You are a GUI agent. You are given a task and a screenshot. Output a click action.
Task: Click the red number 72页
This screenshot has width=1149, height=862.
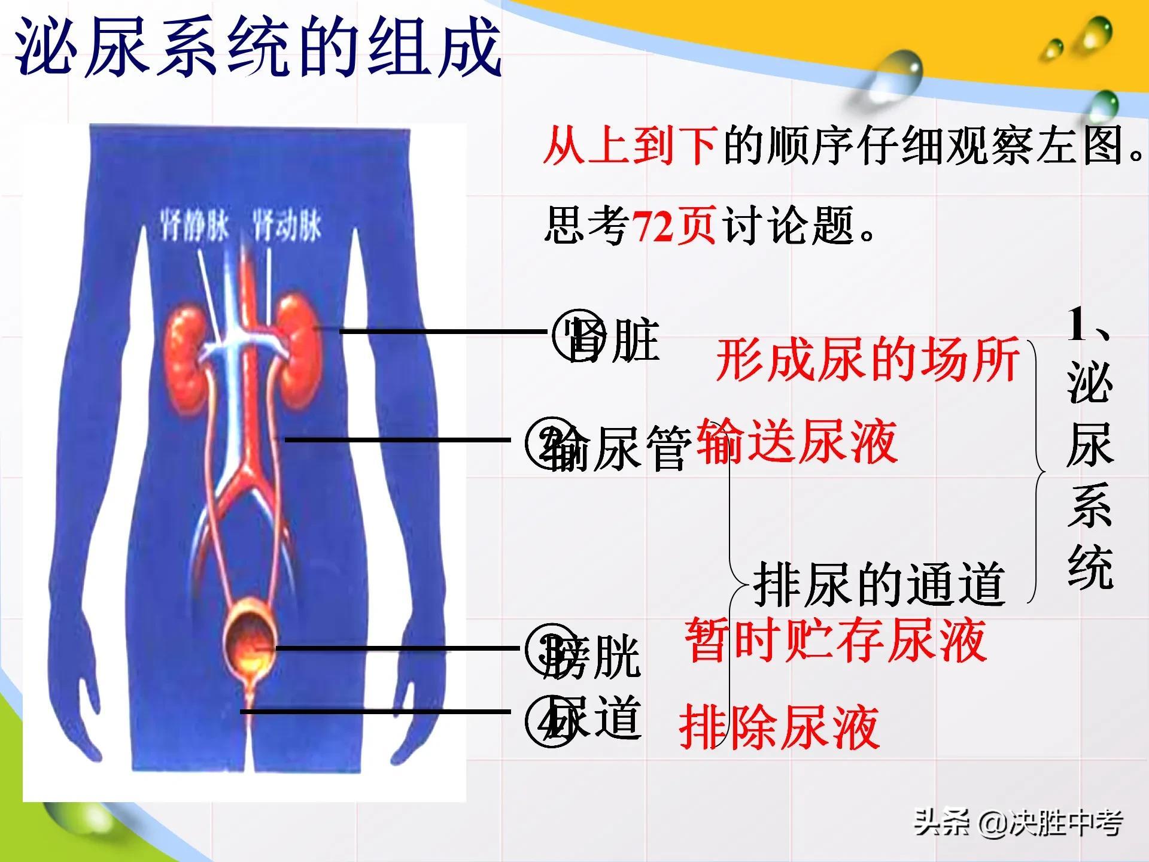click(673, 226)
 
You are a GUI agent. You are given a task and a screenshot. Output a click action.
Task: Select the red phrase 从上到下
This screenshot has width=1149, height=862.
click(630, 147)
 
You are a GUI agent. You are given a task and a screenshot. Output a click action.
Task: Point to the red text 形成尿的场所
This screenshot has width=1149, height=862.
click(868, 359)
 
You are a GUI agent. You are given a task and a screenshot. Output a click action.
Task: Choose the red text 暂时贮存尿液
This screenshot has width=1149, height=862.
click(835, 641)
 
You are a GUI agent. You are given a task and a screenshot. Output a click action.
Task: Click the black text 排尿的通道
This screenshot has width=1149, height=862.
click(879, 584)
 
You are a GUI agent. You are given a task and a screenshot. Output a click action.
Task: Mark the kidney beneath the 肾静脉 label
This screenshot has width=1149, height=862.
click(186, 359)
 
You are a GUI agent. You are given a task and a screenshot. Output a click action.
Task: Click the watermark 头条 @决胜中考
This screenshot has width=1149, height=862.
click(1017, 823)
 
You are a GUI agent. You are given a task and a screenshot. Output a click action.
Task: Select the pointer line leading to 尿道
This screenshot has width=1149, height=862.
click(377, 712)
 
